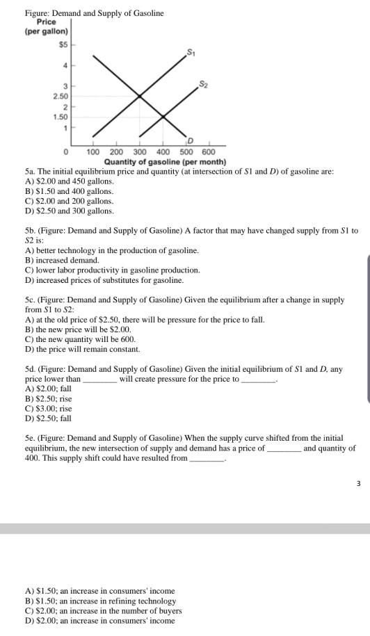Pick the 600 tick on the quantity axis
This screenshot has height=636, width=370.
(208, 152)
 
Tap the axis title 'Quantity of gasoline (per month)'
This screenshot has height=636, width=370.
(165, 161)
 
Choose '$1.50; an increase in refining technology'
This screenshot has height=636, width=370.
(99, 601)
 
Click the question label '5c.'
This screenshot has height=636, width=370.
(31, 300)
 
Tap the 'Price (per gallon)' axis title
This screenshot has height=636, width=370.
(46, 26)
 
